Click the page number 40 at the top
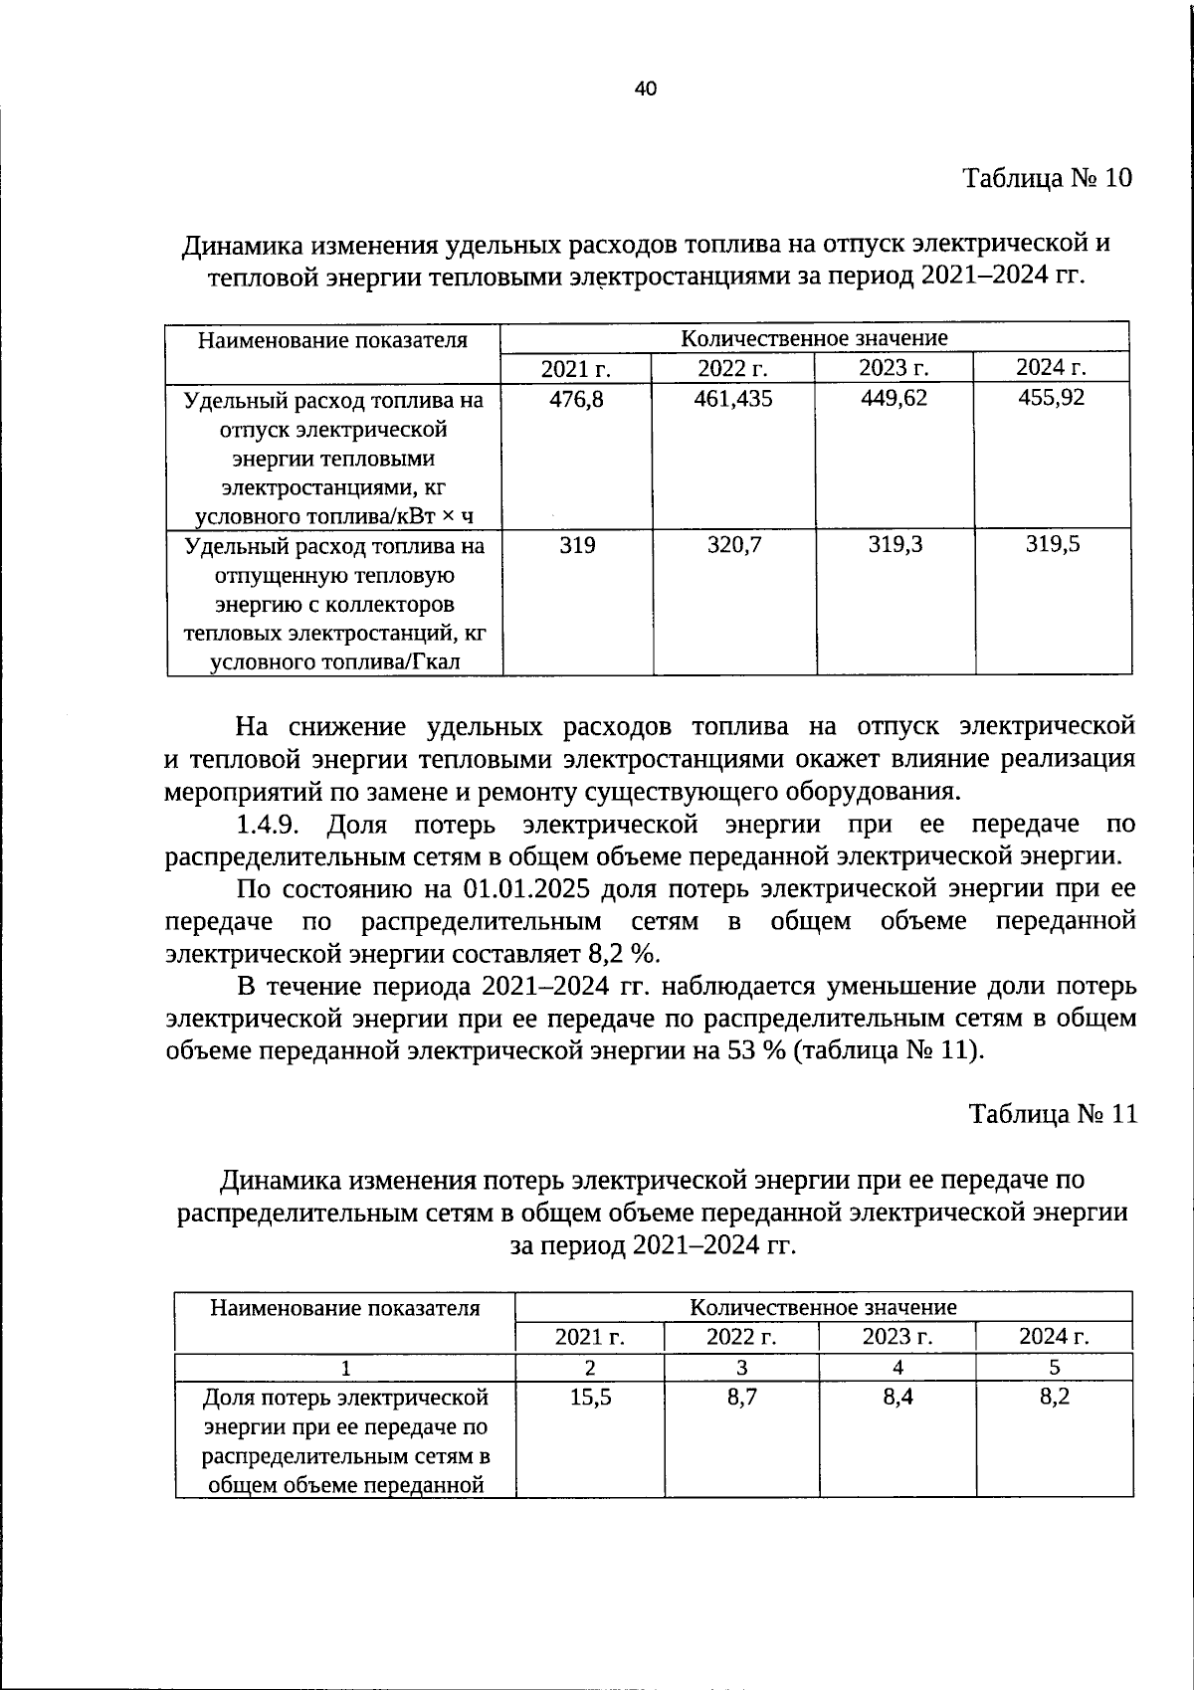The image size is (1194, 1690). point(645,89)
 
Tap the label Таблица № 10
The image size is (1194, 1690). point(1047,178)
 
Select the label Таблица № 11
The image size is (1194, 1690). point(1053,1113)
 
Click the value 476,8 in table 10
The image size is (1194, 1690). point(576,398)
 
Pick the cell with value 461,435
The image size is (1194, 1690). point(733,398)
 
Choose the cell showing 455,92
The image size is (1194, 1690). point(1052,398)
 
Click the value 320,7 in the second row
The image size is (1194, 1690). point(734,544)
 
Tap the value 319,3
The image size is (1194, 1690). point(895,544)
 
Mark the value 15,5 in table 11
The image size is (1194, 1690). point(590,1397)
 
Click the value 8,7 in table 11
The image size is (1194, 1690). point(741,1397)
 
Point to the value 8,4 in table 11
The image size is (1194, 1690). point(897,1397)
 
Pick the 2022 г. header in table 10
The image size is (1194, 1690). point(732,367)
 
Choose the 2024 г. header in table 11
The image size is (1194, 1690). point(1054,1336)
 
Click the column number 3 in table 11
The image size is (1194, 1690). point(741,1367)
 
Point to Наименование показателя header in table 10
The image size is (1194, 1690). point(332,340)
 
